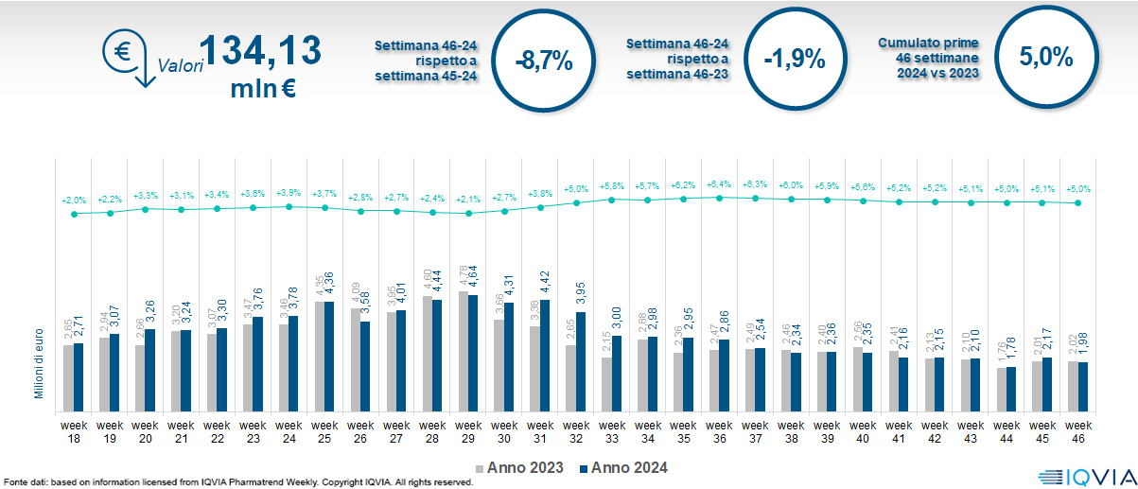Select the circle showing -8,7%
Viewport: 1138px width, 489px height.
pyautogui.click(x=544, y=60)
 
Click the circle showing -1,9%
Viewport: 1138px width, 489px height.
pyautogui.click(x=795, y=60)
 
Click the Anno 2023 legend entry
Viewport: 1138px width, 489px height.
pyautogui.click(x=519, y=467)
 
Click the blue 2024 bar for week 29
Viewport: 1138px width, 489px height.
pyautogui.click(x=474, y=355)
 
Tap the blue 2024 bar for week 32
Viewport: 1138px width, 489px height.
pyautogui.click(x=582, y=363)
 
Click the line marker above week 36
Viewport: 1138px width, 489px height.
pyautogui.click(x=720, y=198)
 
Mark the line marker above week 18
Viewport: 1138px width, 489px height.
pyautogui.click(x=74, y=214)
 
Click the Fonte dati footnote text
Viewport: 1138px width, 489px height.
pyautogui.click(x=236, y=482)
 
